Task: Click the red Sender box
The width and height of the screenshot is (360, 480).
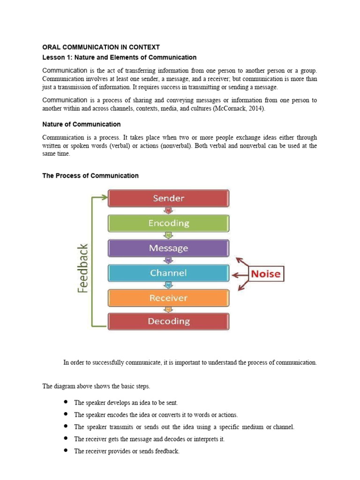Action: click(169, 198)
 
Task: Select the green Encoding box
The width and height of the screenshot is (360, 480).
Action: click(169, 223)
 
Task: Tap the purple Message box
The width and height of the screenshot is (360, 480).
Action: click(169, 248)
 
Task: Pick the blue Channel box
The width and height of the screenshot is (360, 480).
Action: click(169, 273)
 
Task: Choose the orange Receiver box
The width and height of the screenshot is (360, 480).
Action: click(169, 298)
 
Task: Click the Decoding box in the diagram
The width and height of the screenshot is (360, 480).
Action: click(169, 322)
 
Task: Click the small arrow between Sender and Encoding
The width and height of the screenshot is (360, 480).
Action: click(169, 210)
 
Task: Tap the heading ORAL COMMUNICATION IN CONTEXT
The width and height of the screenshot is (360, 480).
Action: click(101, 47)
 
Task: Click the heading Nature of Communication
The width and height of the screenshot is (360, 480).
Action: click(82, 125)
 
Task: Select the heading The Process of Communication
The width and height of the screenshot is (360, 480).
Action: click(90, 176)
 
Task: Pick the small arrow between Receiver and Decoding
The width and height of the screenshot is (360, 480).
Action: click(169, 310)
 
